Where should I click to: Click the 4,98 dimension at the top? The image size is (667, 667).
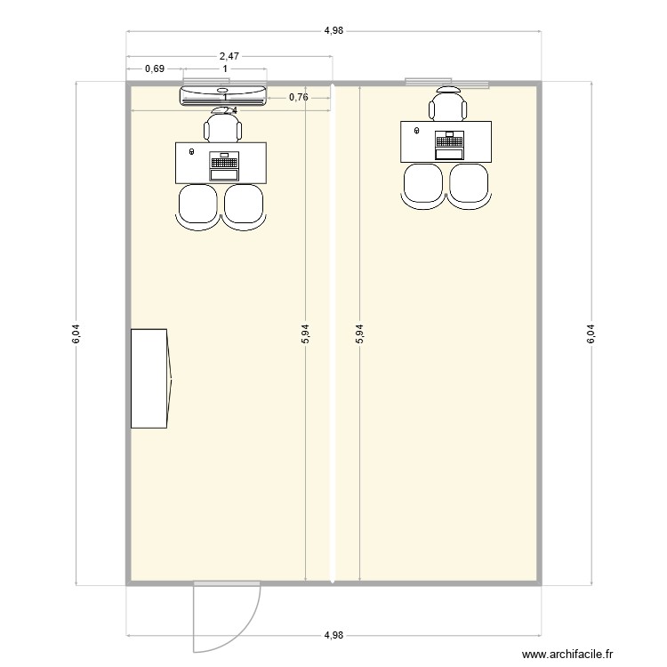tap(333, 30)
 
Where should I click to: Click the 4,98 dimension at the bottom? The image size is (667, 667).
tap(333, 635)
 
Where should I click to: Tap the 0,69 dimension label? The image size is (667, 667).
tap(155, 68)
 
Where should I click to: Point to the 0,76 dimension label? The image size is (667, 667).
tap(299, 97)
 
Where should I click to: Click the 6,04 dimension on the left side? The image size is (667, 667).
tap(76, 333)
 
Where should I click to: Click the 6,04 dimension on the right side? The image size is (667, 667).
tap(591, 333)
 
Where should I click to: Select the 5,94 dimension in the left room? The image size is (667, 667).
tap(305, 333)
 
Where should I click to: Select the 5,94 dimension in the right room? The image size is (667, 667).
tap(359, 333)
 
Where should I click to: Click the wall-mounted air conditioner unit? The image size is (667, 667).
tap(223, 95)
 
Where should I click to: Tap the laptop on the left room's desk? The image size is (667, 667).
tap(224, 166)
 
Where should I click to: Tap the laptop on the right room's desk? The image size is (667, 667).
tap(450, 145)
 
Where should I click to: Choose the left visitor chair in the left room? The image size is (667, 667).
tap(198, 206)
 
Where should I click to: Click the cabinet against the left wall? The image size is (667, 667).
tap(149, 378)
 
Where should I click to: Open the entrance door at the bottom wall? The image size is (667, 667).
tap(226, 614)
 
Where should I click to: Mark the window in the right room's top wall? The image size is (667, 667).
tap(447, 83)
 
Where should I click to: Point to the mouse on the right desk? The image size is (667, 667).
tap(417, 131)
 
